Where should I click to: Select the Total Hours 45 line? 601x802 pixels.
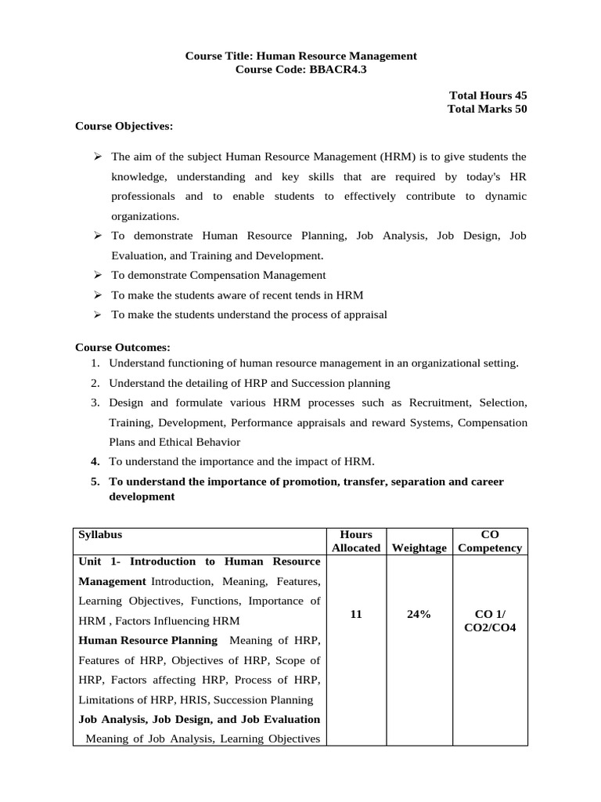coord(488,95)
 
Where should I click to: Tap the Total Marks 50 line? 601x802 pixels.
coord(487,109)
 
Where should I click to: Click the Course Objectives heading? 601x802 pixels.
coord(124,125)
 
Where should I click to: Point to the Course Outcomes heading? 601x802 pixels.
coord(122,347)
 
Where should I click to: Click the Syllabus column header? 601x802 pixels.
coord(100,534)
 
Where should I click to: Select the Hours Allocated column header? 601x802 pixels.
coord(356,541)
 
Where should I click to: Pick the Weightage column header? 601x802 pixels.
coord(419,547)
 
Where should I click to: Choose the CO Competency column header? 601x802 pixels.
coord(490,541)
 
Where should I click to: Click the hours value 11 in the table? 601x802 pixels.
coord(356,615)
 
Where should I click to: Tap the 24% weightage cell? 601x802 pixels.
coord(419,615)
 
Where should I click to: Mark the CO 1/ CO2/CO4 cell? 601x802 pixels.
coord(490,621)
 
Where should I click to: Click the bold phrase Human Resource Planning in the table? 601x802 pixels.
coord(148,641)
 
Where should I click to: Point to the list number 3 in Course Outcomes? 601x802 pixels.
coord(94,403)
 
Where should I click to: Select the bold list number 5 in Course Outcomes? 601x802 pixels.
coord(94,482)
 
